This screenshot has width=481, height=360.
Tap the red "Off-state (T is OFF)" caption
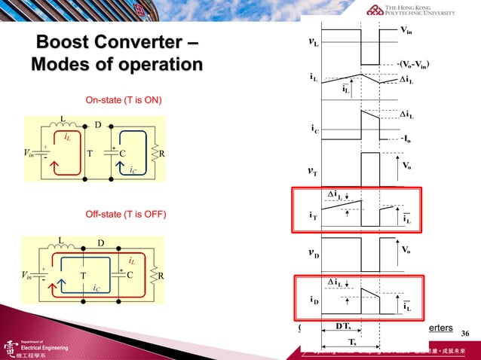click(124, 215)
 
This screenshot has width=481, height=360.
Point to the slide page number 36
click(464, 333)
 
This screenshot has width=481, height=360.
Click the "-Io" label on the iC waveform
click(406, 139)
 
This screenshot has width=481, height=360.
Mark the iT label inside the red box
click(313, 215)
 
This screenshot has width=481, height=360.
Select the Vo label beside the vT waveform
click(406, 165)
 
